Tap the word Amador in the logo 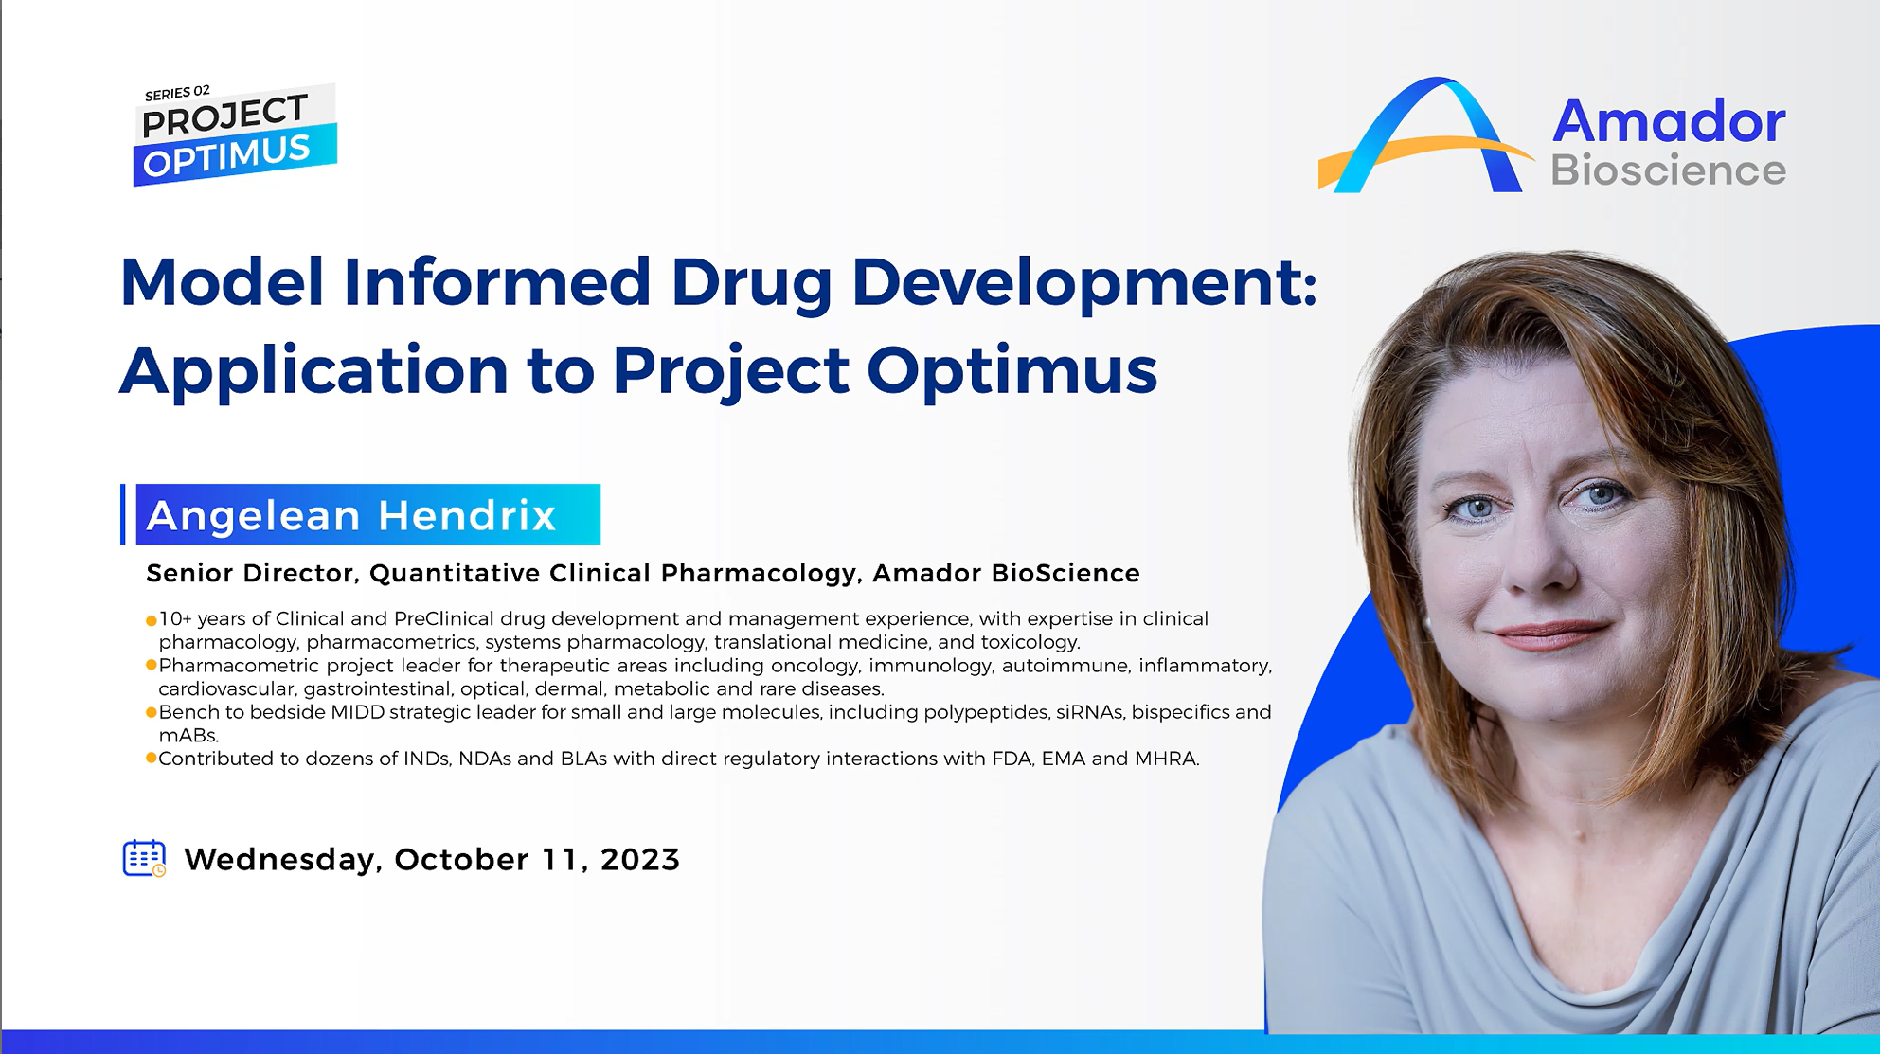pos(1668,122)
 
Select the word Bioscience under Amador pos(1668,170)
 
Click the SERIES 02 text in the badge pos(177,93)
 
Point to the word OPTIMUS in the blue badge pos(227,155)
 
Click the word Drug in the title pos(751,283)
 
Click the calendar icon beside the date pos(144,858)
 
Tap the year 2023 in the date pos(639,859)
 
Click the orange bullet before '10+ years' pos(151,620)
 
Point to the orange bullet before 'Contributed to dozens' pos(151,759)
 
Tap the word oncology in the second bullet pos(814,666)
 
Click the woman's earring pos(1428,621)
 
